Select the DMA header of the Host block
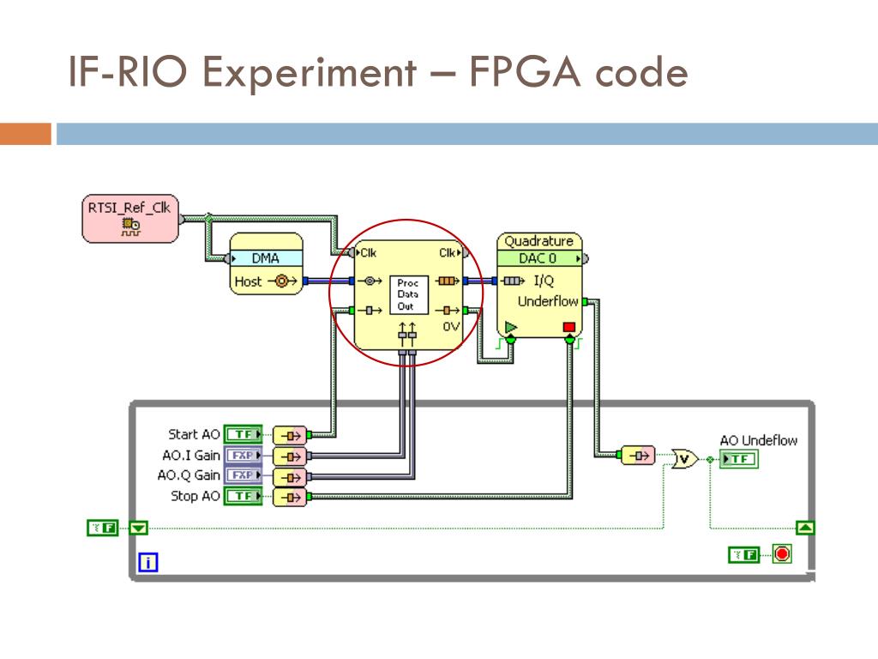[x=265, y=258]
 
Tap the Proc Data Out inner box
[x=406, y=293]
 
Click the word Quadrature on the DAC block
[x=538, y=241]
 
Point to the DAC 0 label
[x=538, y=258]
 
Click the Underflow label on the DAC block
[x=548, y=301]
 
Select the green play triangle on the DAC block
[x=511, y=327]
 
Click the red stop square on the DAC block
[x=569, y=327]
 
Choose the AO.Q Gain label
[x=191, y=475]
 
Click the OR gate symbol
[x=684, y=459]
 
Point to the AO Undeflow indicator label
[x=758, y=440]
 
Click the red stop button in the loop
[x=781, y=554]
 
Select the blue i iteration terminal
[x=149, y=563]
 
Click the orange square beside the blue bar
[x=26, y=134]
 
